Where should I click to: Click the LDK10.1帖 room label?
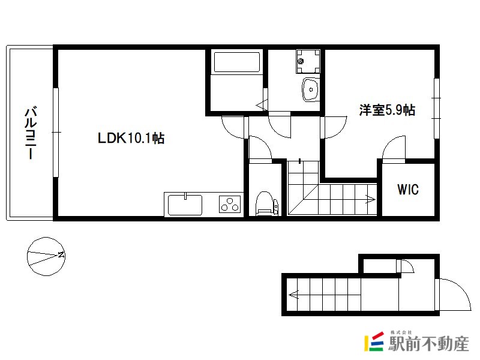(131, 138)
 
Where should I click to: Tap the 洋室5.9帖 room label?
(387, 110)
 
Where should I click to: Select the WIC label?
(408, 190)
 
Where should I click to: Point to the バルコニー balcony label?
(31, 133)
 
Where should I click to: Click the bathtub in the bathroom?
(237, 62)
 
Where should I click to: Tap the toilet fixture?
(267, 203)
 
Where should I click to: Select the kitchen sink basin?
(185, 205)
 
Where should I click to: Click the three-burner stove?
(230, 204)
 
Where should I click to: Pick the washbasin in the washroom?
(311, 89)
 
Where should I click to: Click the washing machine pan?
(308, 62)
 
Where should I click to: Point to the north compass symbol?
(46, 256)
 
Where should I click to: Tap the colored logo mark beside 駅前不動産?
(374, 341)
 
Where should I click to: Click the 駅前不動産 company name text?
(428, 343)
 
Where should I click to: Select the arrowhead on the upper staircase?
(371, 200)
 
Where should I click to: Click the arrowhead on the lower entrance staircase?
(293, 295)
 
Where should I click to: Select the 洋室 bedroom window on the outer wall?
(437, 109)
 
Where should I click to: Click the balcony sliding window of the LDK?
(56, 132)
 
